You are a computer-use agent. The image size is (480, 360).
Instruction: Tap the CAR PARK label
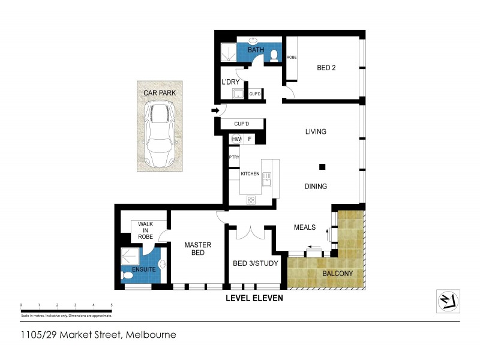coord(158,93)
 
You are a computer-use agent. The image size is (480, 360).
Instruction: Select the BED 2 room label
coord(326,68)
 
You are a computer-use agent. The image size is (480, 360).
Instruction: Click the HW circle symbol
coord(236,139)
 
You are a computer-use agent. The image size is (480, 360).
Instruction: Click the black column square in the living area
coord(322,167)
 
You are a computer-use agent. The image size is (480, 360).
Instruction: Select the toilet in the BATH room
coord(274,55)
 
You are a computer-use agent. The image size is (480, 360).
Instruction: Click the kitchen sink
coord(271,178)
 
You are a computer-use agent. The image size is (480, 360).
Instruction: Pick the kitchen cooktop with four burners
coord(251,200)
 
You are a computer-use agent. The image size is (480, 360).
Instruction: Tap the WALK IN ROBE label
coord(146,230)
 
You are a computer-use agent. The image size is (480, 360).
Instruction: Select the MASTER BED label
coord(194,248)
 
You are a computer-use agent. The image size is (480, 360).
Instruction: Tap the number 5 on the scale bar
coord(112,306)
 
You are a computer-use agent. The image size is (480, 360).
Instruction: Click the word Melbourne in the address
coord(150,335)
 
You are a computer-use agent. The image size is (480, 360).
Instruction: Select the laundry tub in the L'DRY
coord(238,94)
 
